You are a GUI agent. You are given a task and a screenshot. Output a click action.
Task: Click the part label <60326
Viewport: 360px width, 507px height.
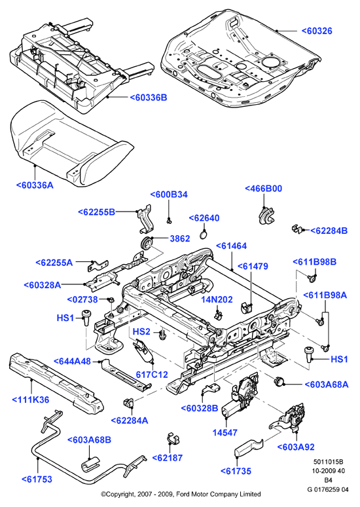(317, 31)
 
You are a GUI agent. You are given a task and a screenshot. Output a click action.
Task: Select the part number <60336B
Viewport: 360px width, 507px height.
(149, 98)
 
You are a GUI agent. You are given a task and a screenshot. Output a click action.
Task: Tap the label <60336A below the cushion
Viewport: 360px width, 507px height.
(35, 185)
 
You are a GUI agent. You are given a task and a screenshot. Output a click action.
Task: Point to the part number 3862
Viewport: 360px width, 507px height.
(180, 238)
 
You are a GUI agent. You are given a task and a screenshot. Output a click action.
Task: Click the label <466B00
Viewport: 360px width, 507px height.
(263, 189)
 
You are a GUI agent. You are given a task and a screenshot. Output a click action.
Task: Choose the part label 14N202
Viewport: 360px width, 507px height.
(217, 299)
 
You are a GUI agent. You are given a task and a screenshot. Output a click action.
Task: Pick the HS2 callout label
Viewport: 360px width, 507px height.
(141, 331)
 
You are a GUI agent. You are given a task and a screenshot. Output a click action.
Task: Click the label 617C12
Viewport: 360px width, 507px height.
(152, 375)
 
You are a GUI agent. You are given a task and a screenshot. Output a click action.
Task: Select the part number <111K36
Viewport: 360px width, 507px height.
(31, 400)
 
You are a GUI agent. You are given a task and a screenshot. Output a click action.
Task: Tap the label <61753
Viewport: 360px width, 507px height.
(37, 479)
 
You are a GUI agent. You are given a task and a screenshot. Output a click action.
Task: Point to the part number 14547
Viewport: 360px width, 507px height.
(225, 432)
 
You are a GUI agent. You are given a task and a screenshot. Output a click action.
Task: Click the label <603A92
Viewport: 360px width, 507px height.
(296, 447)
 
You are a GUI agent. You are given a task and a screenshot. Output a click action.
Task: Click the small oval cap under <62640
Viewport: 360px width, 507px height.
(204, 234)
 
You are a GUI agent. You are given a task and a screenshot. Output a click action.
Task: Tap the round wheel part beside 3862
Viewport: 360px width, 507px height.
(147, 243)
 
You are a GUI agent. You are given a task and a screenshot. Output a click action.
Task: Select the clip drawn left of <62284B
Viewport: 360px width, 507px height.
(297, 228)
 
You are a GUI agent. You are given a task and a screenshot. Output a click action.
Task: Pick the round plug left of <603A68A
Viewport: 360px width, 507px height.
(279, 381)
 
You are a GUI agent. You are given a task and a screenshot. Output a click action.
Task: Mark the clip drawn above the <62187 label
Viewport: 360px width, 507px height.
(173, 437)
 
